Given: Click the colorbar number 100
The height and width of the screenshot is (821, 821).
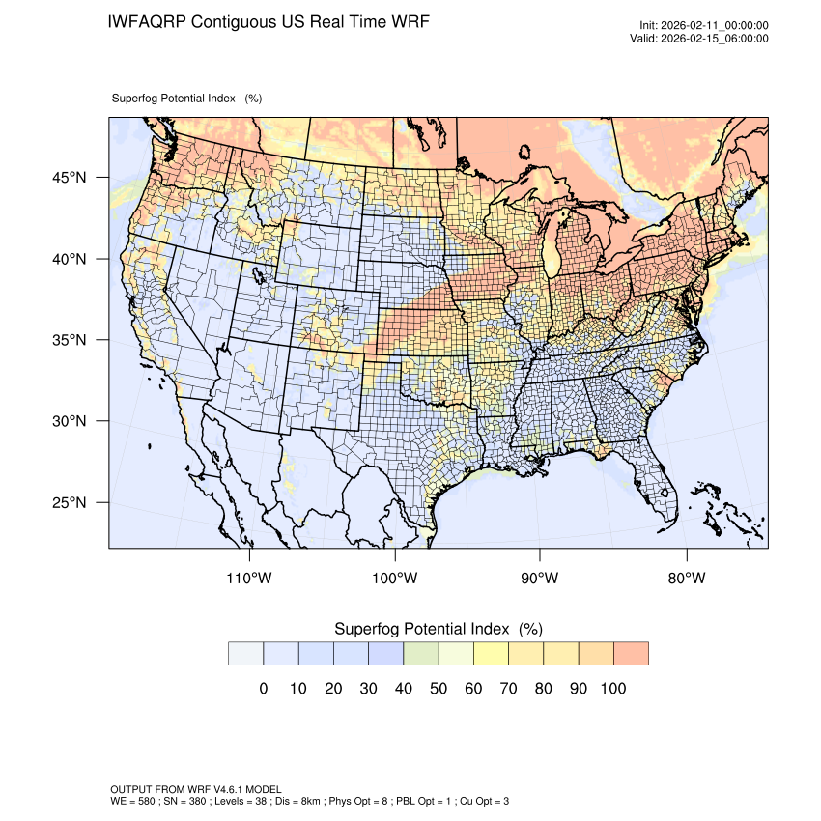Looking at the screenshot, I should [x=613, y=689].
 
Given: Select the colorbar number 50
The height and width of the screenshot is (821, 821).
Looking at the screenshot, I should [x=439, y=689].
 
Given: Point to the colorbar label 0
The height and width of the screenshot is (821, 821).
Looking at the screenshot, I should [x=264, y=689].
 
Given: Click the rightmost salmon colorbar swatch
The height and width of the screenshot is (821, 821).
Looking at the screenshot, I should [x=631, y=653].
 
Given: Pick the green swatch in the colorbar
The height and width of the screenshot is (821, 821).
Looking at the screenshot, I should [x=421, y=653].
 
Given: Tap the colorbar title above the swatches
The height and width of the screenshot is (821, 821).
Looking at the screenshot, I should [x=438, y=629].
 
